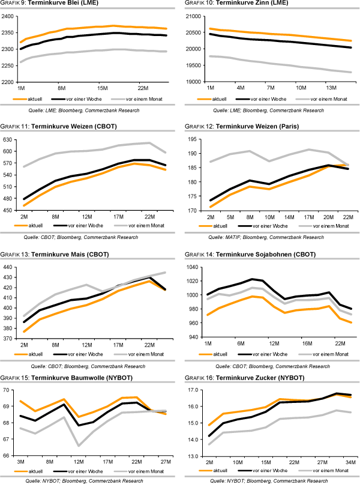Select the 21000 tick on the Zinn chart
194,16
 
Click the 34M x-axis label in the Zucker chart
349,461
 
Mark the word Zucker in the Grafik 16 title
275,377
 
